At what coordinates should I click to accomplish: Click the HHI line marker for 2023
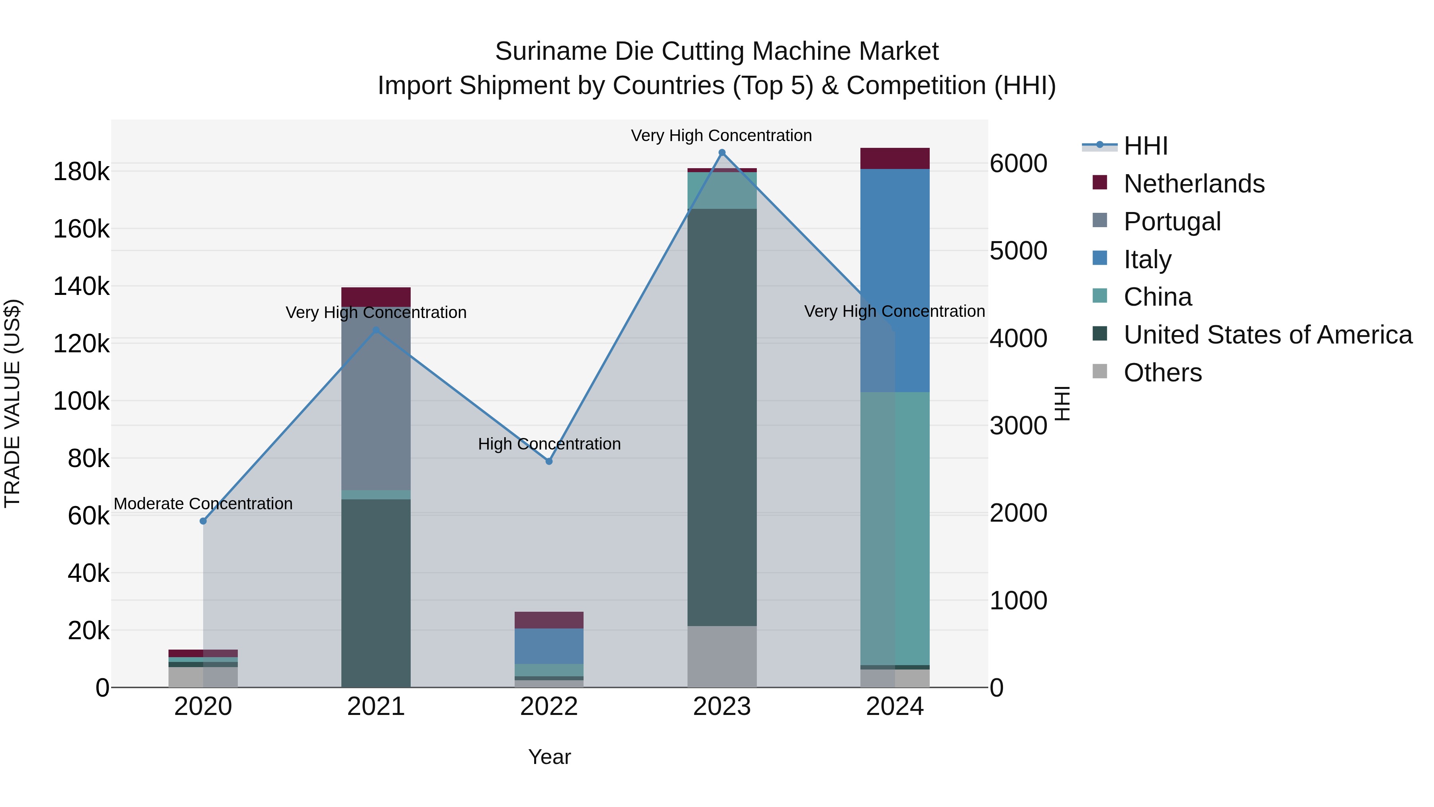click(722, 153)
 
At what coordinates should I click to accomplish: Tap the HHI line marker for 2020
click(203, 521)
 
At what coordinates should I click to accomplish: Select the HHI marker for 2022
click(549, 461)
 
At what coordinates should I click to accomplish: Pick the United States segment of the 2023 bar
click(722, 418)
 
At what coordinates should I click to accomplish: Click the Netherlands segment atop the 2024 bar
click(895, 158)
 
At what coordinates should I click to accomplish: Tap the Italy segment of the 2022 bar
click(549, 646)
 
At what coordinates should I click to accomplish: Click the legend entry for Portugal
click(1172, 222)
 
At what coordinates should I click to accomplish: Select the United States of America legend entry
click(1267, 335)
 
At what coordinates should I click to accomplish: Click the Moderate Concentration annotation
click(203, 503)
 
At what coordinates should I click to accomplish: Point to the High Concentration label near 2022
click(549, 444)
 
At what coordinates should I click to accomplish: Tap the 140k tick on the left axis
click(81, 287)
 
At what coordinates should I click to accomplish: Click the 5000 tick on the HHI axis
click(1018, 251)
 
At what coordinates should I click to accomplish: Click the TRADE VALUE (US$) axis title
click(12, 403)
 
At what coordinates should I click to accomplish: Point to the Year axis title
click(549, 757)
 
